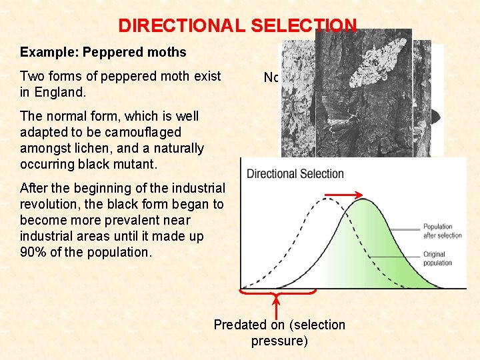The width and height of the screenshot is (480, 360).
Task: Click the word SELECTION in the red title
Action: pyautogui.click(x=303, y=25)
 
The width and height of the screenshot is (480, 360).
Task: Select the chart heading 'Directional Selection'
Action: pyautogui.click(x=295, y=174)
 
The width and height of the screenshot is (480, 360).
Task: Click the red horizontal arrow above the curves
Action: pyautogui.click(x=343, y=196)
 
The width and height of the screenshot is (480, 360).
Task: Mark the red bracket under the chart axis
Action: pyautogui.click(x=277, y=291)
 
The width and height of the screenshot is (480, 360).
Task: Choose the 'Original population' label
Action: pyautogui.click(x=437, y=258)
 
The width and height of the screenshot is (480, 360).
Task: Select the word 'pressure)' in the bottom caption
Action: pyautogui.click(x=279, y=341)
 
